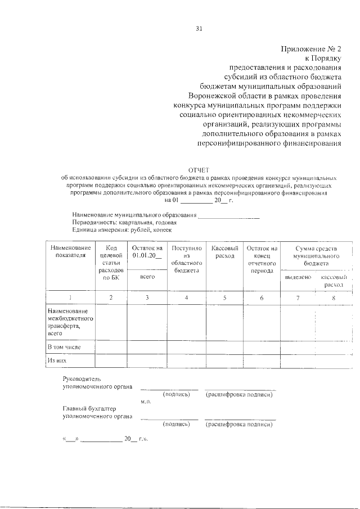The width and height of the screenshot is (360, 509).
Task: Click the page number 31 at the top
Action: tap(199, 29)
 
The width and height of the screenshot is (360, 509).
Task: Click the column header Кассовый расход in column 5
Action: tap(224, 252)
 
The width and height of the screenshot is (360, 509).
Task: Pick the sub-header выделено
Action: tap(298, 278)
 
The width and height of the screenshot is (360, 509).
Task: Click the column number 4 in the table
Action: tap(186, 298)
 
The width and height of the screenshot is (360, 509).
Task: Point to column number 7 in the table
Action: tap(298, 298)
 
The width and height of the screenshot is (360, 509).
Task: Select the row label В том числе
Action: tap(64, 347)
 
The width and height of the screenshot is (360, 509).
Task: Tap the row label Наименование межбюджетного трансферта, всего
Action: tap(70, 322)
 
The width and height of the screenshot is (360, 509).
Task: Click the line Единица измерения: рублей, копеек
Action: tap(121, 230)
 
